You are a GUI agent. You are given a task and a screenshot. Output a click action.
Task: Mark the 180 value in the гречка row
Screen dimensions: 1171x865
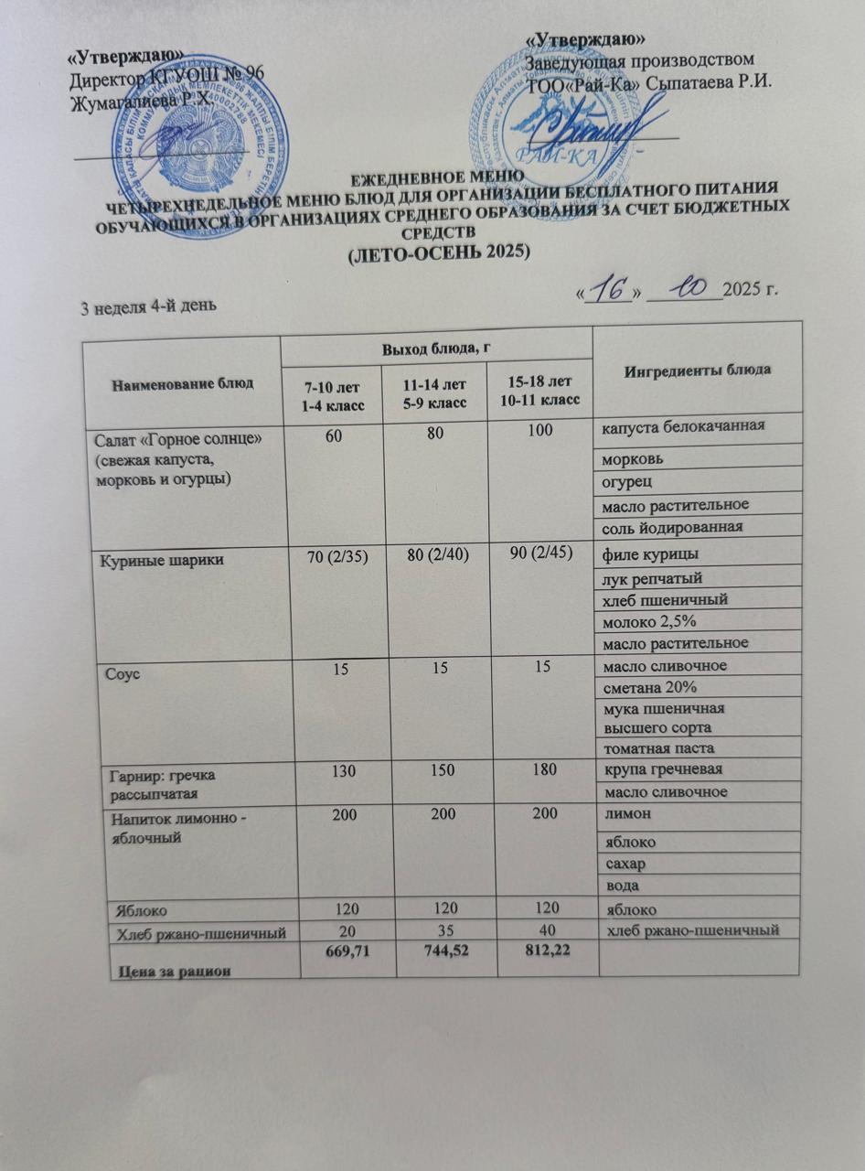click(543, 770)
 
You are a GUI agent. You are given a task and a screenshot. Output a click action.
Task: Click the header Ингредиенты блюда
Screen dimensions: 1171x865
click(697, 370)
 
